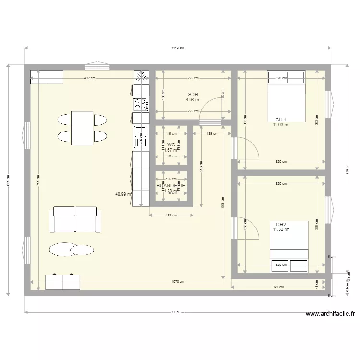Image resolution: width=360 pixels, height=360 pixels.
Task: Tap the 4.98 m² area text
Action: [193, 100]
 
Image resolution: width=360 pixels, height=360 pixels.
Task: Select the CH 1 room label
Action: [281, 120]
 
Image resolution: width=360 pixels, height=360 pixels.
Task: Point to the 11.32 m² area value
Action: [281, 229]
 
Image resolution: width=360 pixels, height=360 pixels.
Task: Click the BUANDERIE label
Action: [171, 185]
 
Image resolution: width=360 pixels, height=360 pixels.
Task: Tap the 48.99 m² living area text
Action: [123, 194]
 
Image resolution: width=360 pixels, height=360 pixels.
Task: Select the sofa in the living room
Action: [75, 220]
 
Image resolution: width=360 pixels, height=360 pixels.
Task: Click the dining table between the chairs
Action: [82, 128]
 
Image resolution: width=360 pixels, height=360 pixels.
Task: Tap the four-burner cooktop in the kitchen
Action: [141, 104]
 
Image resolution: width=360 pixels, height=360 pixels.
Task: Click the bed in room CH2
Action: [288, 246]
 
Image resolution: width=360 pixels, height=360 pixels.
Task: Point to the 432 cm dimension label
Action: [89, 78]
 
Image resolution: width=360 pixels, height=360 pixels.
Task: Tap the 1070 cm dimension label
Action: [179, 282]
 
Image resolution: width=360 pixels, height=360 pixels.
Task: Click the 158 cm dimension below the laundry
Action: [171, 215]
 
